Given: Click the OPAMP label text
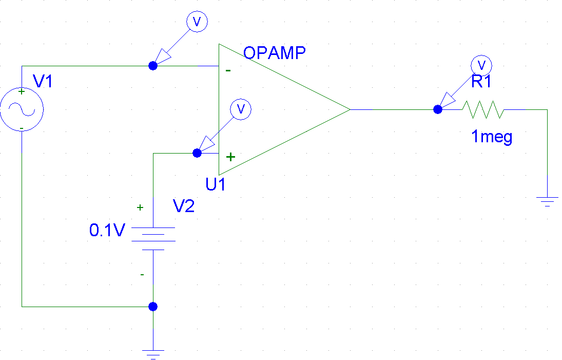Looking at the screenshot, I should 274,53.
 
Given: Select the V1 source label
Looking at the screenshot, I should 43,81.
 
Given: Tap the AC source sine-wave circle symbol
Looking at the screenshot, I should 22,109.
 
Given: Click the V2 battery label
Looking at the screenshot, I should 183,206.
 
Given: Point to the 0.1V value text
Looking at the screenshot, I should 107,230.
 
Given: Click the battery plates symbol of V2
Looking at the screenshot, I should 153,238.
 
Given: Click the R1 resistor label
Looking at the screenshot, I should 481,82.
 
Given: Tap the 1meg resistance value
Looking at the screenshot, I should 492,137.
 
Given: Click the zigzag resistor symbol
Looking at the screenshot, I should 483,109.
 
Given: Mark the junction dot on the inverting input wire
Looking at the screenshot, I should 152,66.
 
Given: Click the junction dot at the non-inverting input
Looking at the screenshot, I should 197,153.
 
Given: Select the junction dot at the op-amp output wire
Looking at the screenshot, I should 437,109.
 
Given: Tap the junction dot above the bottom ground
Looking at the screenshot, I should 152,307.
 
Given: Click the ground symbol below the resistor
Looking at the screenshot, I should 547,200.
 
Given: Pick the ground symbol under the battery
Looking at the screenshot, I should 152,353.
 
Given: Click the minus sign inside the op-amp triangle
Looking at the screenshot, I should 227,71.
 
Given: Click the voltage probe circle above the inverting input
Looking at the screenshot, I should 196,21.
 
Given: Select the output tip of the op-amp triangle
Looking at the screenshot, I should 349,109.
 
